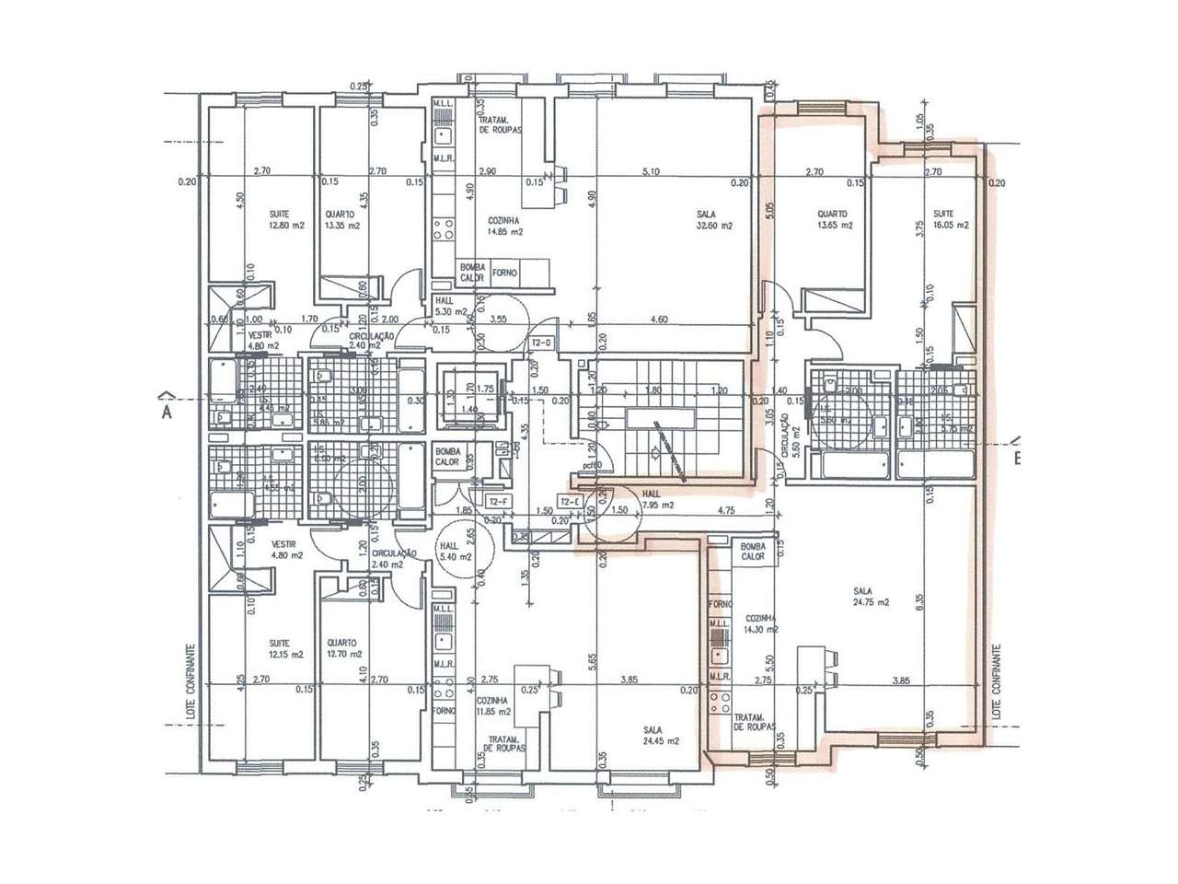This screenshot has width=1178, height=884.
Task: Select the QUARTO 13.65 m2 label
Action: [835, 219]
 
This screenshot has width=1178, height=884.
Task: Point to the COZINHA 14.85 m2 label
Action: [505, 227]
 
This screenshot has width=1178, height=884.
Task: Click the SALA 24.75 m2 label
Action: [869, 598]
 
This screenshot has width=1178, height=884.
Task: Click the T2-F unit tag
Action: [498, 501]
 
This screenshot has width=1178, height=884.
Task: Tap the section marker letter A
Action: [167, 412]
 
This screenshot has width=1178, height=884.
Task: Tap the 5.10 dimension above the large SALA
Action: [651, 171]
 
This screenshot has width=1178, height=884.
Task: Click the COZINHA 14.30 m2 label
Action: [763, 624]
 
